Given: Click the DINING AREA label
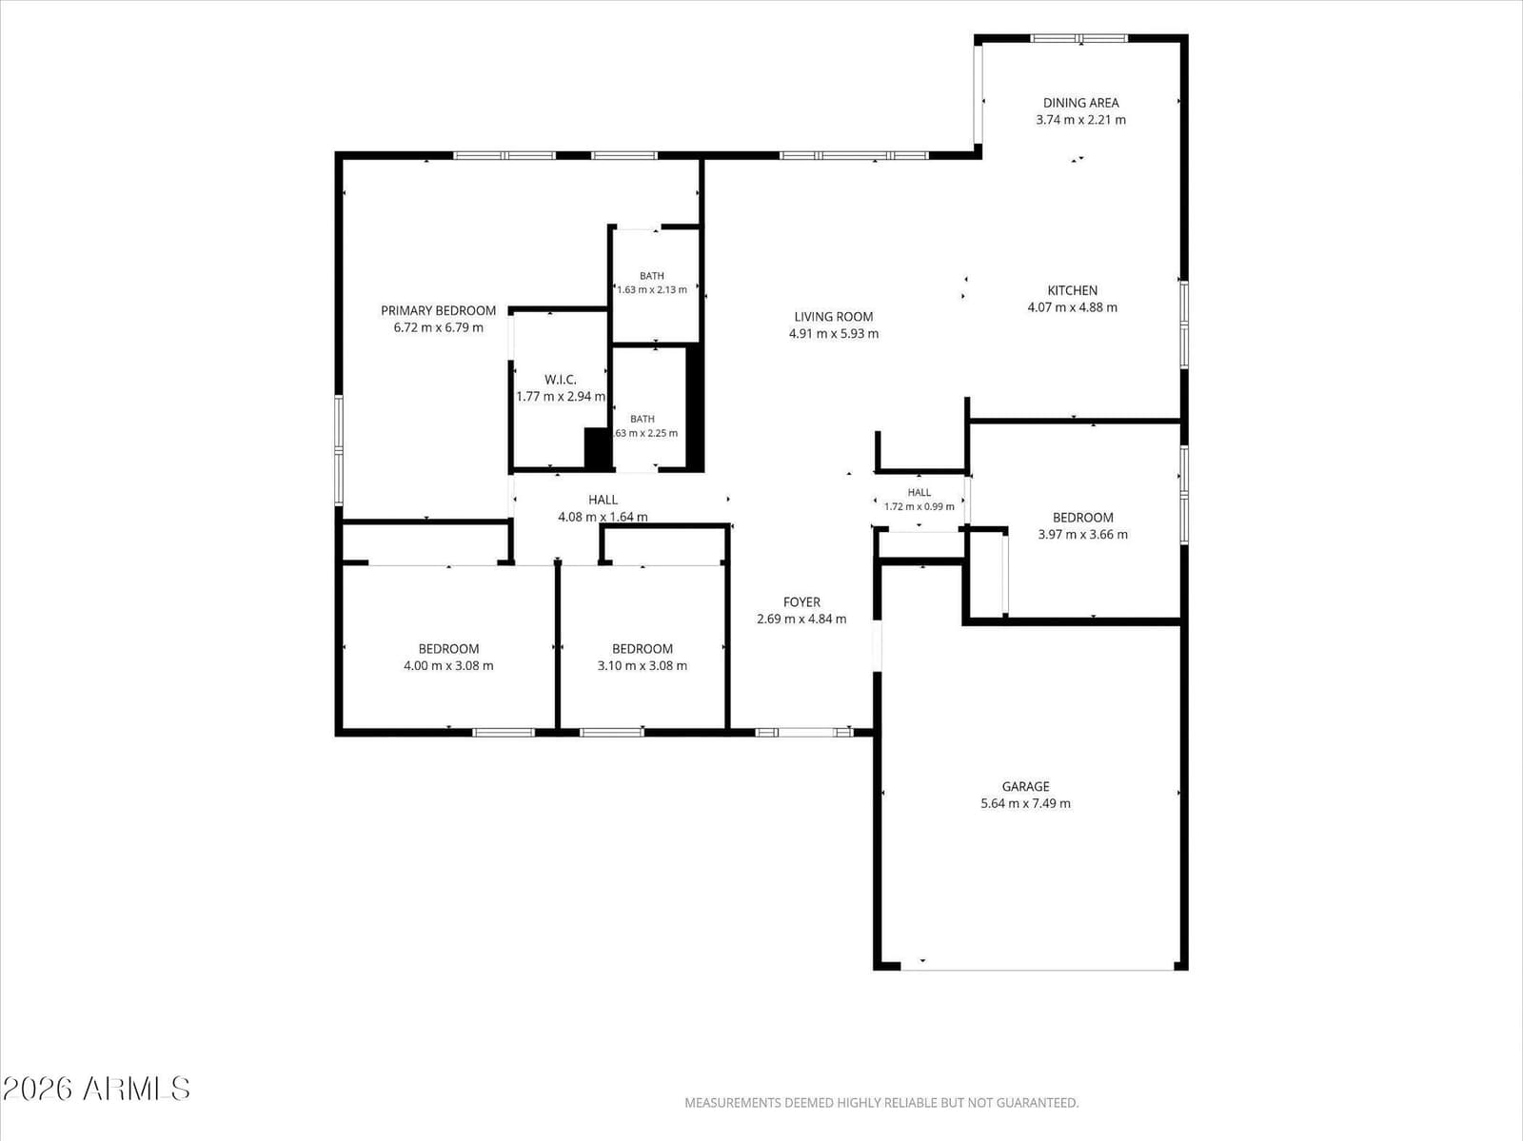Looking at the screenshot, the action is (1081, 103).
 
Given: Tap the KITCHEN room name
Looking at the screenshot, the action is (1072, 290).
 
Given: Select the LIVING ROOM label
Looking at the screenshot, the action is (833, 317).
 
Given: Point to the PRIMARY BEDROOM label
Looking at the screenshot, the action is (439, 311).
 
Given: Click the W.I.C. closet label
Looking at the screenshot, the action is (560, 380).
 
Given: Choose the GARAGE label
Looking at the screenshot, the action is (1025, 787).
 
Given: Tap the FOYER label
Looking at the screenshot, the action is (801, 602).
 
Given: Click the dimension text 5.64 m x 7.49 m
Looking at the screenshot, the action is (1025, 804).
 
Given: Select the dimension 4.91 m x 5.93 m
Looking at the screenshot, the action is (833, 334).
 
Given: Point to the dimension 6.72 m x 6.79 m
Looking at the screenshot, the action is (439, 327).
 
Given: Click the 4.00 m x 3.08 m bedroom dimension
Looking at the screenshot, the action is (449, 666).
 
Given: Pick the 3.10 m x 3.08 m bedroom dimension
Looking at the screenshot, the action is (643, 666).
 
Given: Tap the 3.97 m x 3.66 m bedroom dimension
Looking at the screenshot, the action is (1083, 535).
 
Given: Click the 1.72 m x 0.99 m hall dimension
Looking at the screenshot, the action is (920, 507).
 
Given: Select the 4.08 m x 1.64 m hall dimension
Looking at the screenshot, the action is (603, 517).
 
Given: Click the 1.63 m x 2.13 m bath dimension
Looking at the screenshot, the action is (652, 290).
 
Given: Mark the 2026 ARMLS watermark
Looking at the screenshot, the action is (96, 1089).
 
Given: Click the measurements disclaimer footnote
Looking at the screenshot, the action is (881, 1103).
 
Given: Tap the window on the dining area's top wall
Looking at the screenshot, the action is (1079, 38).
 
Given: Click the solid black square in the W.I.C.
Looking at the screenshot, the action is (598, 448).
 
